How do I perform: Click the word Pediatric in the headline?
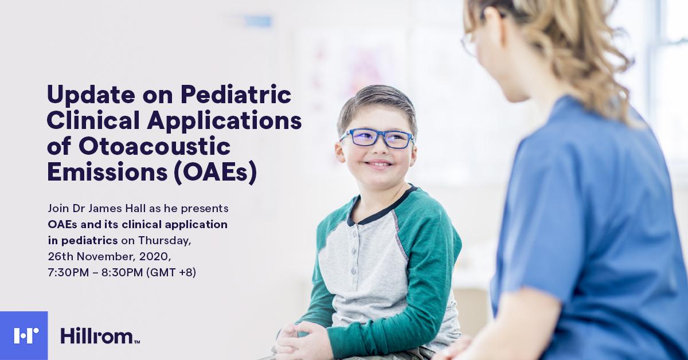(236, 95)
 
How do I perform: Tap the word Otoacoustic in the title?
(154, 147)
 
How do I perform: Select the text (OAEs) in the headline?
(215, 174)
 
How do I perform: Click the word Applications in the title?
(224, 122)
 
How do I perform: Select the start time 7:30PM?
(68, 272)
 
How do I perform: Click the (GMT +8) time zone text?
(171, 272)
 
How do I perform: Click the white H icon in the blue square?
(26, 336)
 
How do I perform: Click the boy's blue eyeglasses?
(377, 139)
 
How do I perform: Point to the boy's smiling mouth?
(380, 165)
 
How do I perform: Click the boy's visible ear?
(339, 152)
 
